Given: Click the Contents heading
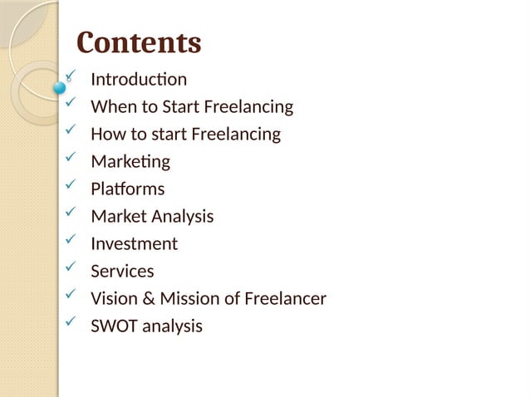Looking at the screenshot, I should point(139,42).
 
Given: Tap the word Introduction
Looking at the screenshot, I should point(139,80).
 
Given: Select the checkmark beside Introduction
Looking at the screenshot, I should point(71,77).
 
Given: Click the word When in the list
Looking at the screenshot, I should point(110,107).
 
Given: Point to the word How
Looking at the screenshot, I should point(107,135).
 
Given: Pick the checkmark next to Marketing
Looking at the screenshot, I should point(71,159).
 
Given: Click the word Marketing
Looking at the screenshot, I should point(130,162).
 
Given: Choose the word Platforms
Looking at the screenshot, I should point(127,189).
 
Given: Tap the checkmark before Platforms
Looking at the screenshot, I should point(71,186).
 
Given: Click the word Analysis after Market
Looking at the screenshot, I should point(182,217).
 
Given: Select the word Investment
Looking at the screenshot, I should point(134,244).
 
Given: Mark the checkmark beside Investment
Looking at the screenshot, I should point(71,241).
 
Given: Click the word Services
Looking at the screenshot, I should point(122,272).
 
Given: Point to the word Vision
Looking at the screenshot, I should point(111,299).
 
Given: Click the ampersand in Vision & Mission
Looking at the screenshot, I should point(145,299).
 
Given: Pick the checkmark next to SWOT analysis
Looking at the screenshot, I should point(71,323).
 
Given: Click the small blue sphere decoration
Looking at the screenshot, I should point(59,86).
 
